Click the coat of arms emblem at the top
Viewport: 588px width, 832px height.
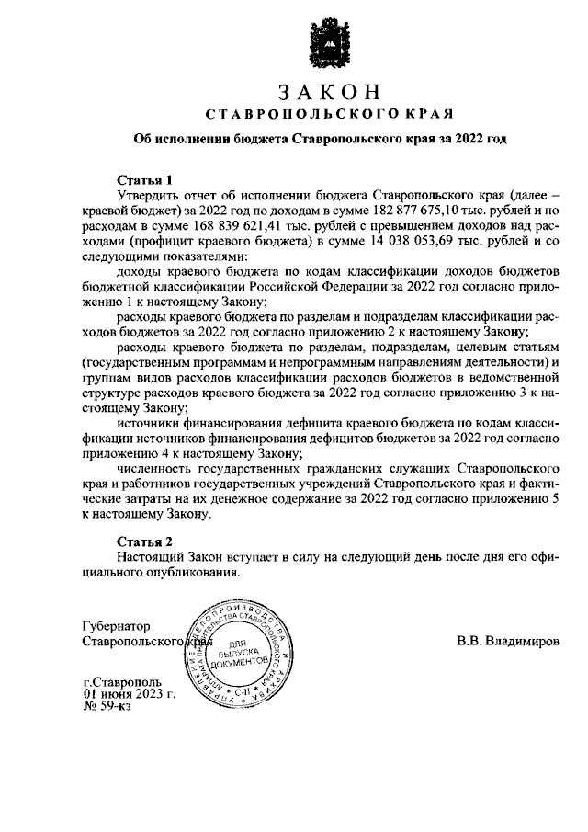[x=327, y=42]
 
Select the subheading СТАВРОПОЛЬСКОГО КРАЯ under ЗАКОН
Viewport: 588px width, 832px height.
[x=327, y=115]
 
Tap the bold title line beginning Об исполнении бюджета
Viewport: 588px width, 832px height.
[x=319, y=140]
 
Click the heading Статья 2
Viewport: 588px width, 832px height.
[x=144, y=541]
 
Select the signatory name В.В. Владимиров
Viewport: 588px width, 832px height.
[x=507, y=640]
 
